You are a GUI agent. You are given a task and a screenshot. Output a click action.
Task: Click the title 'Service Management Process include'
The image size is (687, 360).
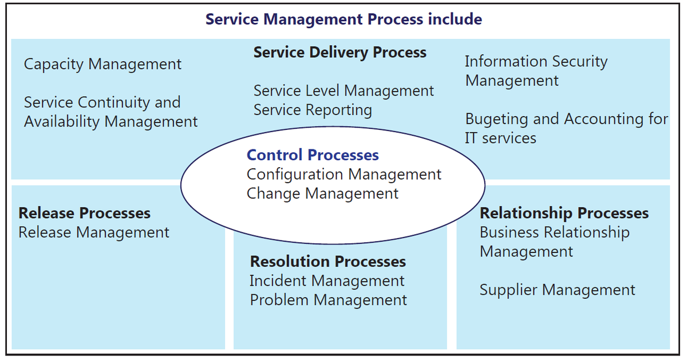coord(343,19)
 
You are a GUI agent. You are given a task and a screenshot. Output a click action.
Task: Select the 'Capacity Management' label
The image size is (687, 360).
coord(102,65)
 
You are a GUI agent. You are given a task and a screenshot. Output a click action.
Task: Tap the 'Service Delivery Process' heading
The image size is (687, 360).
coord(340,53)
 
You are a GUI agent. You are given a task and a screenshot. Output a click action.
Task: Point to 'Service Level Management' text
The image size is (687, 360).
coord(343,91)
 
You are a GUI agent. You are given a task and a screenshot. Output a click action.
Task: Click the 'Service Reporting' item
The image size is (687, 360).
coord(313,110)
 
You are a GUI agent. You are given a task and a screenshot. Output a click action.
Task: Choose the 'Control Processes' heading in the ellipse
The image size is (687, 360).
coord(313,155)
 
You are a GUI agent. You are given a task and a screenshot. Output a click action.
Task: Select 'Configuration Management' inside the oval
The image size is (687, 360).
coord(344,175)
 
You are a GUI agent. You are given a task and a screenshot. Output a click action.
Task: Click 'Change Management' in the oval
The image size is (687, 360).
coord(322,194)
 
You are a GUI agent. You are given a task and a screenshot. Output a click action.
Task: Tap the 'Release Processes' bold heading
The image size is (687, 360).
coord(84,213)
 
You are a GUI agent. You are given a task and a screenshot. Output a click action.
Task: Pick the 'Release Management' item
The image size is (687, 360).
coord(93,232)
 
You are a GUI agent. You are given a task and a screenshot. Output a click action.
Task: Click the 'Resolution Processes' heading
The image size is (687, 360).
coord(328,262)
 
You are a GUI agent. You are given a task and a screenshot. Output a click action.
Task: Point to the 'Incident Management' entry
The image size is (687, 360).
coord(327,281)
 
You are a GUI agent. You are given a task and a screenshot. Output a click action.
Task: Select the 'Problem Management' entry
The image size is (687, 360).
coord(328,300)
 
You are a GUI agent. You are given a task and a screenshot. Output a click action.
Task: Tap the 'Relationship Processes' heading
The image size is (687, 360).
coord(564,213)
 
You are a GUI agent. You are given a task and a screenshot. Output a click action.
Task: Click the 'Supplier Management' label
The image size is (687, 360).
coord(557,290)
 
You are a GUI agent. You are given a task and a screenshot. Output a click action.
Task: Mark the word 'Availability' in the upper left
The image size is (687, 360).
coord(62,122)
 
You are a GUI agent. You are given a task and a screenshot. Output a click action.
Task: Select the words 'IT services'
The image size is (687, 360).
coord(500,139)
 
